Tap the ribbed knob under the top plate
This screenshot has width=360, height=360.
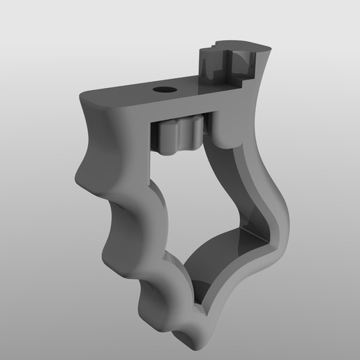click(x=179, y=135)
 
